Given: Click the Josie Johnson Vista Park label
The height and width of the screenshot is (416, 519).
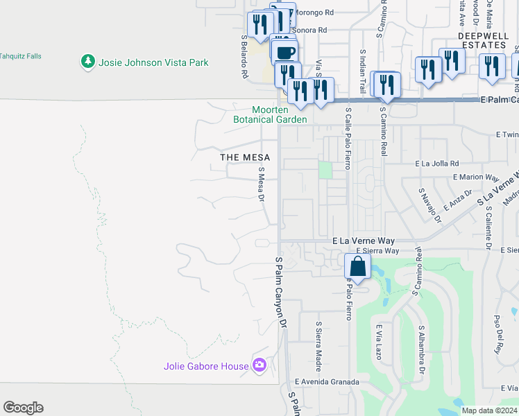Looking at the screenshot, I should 153,62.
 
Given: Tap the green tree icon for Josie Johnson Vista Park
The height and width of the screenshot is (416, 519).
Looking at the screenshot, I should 87,62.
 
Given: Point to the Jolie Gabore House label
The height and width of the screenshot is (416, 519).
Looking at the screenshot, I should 206,366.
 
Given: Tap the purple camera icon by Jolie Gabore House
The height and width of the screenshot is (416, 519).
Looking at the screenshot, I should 259,365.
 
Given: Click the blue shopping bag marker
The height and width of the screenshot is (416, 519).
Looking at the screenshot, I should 357,266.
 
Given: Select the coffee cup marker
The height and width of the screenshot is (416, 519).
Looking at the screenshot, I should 284,53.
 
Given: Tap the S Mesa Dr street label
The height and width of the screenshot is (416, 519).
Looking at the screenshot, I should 262,184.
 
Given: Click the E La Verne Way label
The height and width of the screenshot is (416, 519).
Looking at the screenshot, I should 364,240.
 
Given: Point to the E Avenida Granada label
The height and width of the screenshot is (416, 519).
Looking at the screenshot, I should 327,381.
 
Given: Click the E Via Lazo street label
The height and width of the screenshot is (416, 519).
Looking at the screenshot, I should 379,342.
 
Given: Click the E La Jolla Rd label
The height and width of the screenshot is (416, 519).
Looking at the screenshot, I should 437,164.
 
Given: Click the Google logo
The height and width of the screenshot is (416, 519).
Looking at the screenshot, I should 23,408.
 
